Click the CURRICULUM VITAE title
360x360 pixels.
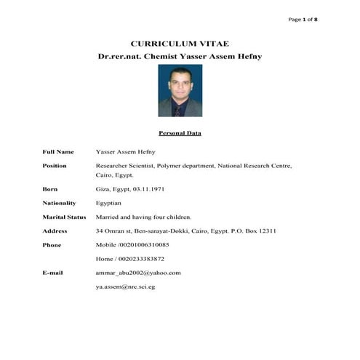179,44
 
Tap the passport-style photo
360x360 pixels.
180,91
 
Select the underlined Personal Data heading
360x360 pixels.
180,133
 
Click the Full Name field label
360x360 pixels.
58,152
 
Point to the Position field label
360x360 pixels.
55,166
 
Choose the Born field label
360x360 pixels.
50,188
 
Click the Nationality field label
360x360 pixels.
60,203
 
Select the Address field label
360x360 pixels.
55,231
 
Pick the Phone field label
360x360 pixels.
52,245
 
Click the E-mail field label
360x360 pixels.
54,273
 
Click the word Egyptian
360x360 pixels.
108,203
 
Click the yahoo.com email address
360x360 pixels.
138,273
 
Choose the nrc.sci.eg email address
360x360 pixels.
125,287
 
